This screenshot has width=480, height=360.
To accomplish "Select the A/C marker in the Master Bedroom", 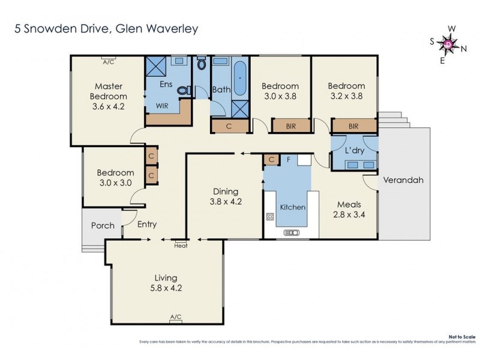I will tap(109, 62).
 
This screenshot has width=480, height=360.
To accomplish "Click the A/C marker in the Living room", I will tap(176, 317).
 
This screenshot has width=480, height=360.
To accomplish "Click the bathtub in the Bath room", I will tap(240, 78).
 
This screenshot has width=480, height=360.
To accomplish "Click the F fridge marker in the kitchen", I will tap(289, 160).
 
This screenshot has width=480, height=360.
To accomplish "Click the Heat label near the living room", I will tap(181, 245).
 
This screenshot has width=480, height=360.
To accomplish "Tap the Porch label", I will tap(103, 226).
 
